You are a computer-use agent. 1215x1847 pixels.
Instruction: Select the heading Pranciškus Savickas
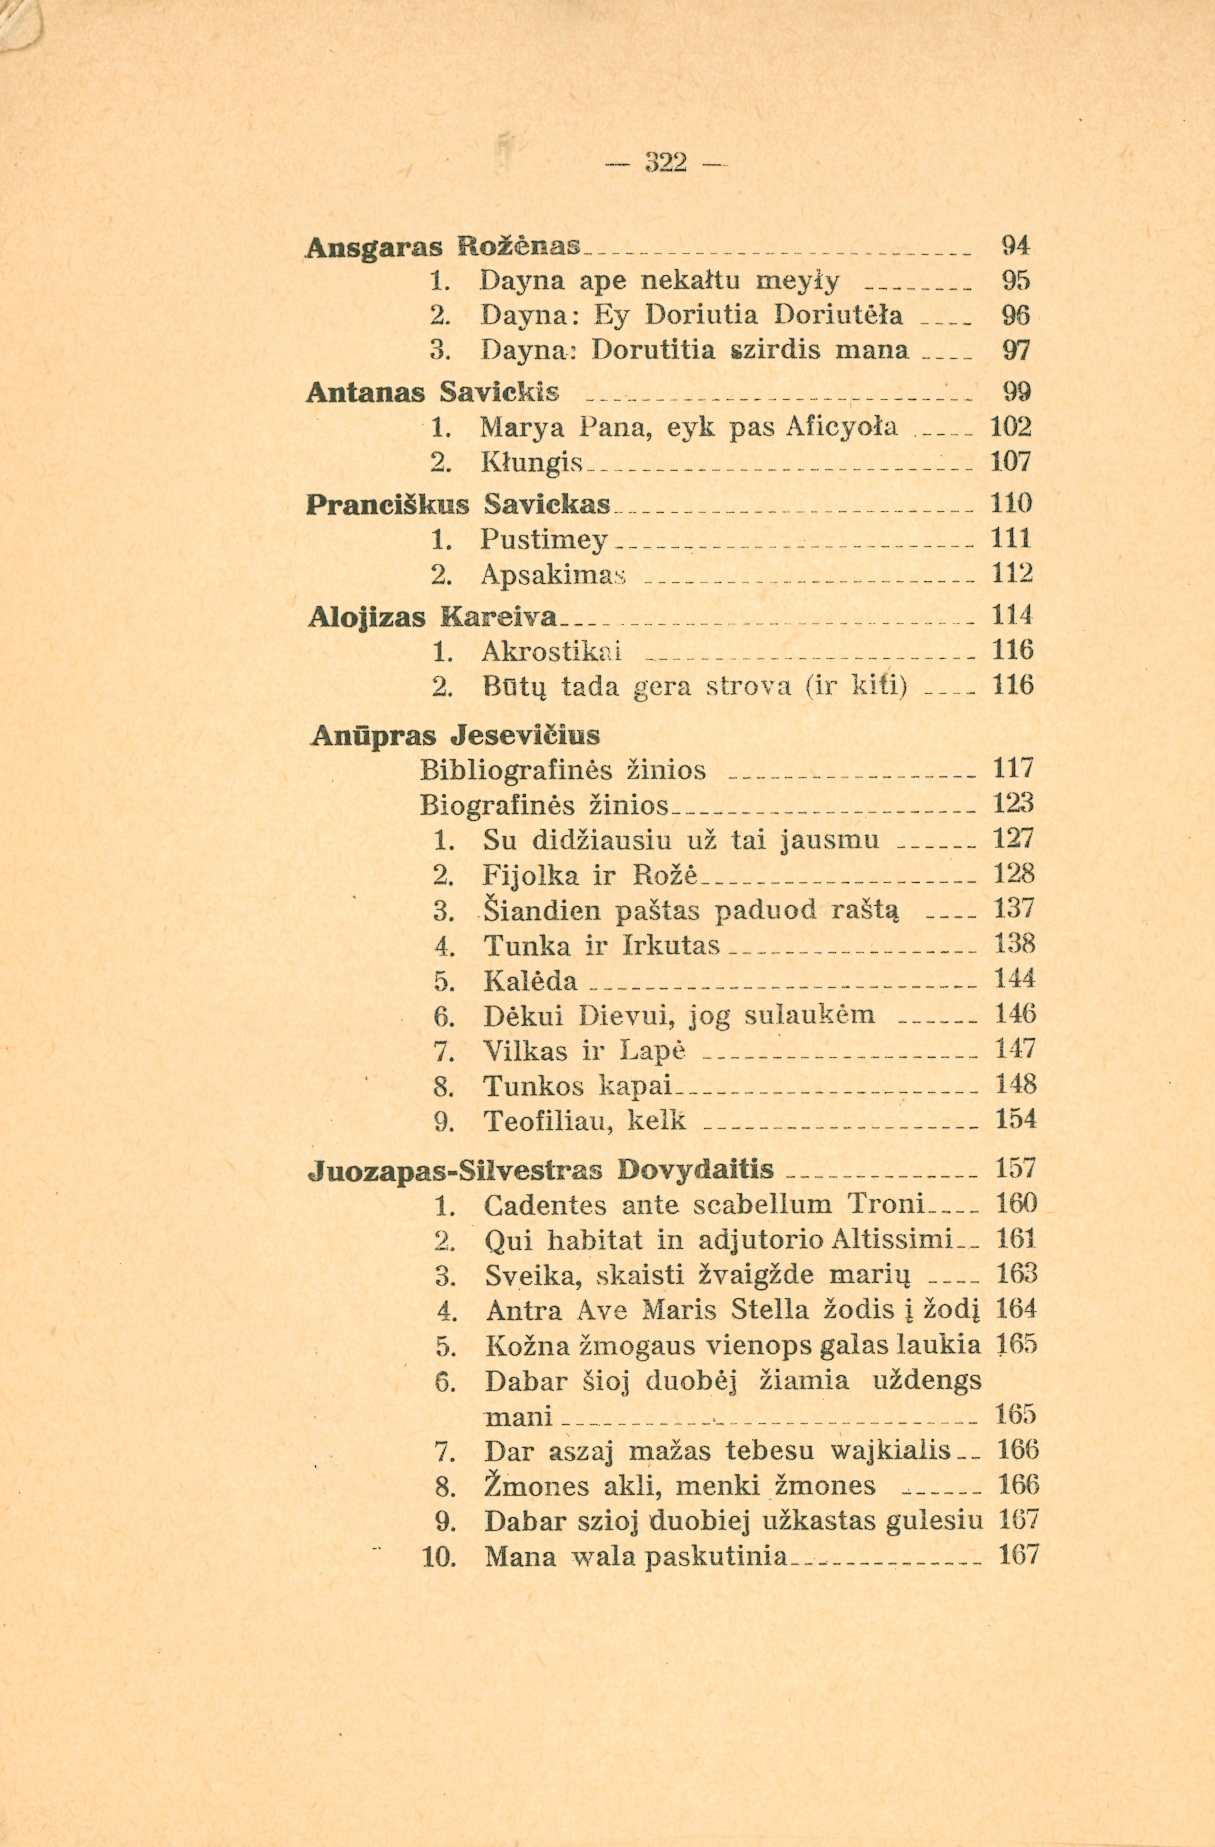[x=459, y=504]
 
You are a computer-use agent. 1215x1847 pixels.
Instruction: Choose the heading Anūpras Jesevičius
[x=455, y=733]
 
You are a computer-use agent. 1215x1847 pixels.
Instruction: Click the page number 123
[x=1014, y=803]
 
